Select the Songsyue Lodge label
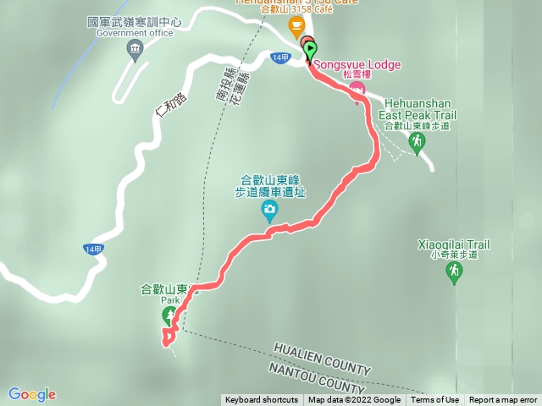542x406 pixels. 357,64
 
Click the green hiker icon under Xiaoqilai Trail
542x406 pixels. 455,272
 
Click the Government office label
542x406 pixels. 135,33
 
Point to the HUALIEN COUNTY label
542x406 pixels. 322,359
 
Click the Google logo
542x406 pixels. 32,394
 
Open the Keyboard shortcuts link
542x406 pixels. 261,400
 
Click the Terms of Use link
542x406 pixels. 435,400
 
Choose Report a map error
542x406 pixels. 503,400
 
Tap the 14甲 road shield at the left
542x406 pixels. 94,250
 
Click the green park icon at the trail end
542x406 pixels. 169,315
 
